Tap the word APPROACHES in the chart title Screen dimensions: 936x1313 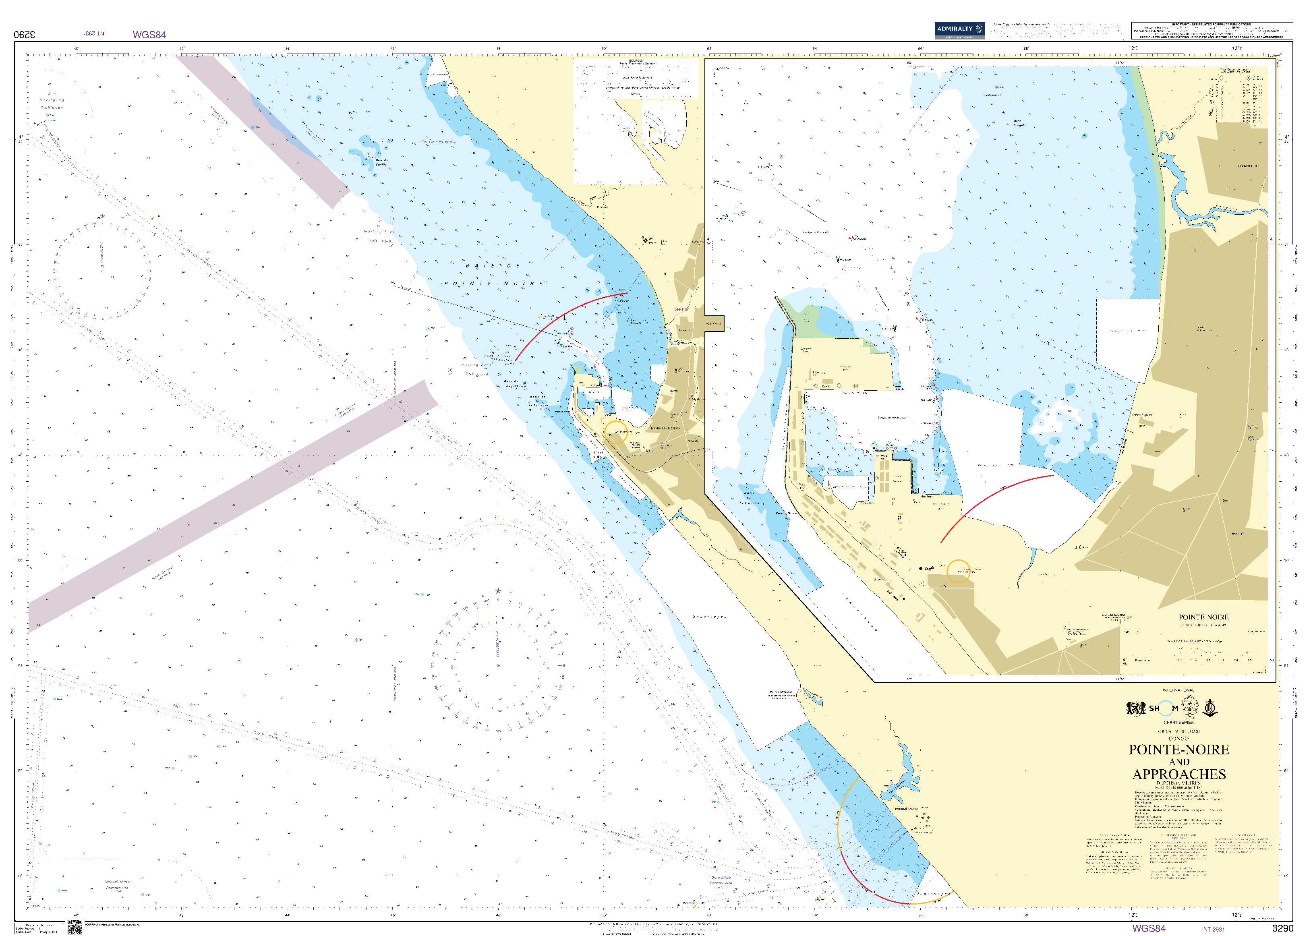(1179, 774)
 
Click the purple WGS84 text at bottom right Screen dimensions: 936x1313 (1148, 928)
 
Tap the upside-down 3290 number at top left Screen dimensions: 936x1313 (25, 35)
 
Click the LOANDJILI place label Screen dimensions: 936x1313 (1248, 166)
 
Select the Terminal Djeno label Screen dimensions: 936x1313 (905, 809)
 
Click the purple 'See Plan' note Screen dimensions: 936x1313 (681, 309)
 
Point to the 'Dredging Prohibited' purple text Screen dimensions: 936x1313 (52, 104)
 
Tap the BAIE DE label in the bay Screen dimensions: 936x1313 (493, 266)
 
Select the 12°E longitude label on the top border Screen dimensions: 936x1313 (1133, 48)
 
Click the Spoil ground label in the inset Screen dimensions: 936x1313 (991, 95)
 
